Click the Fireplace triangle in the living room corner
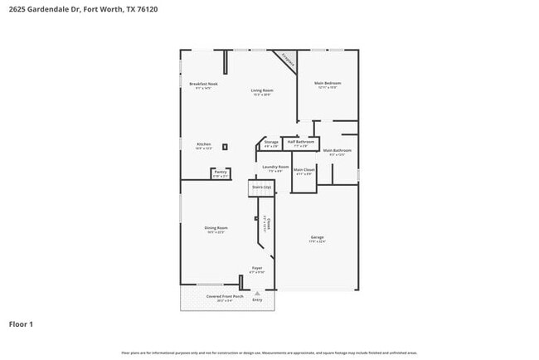[x=288, y=60]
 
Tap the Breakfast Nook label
[x=203, y=84]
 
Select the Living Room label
[x=262, y=90]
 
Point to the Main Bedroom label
[x=327, y=84]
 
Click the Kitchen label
[x=203, y=145]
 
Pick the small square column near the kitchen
[x=224, y=147]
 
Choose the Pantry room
[x=220, y=173]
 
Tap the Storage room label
[x=271, y=144]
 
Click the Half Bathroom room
[x=299, y=144]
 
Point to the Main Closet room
[x=303, y=172]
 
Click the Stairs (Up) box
[x=261, y=188]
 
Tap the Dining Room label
[x=216, y=229]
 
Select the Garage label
[x=318, y=239]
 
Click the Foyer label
[x=257, y=270]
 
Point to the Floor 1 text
[x=21, y=324]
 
